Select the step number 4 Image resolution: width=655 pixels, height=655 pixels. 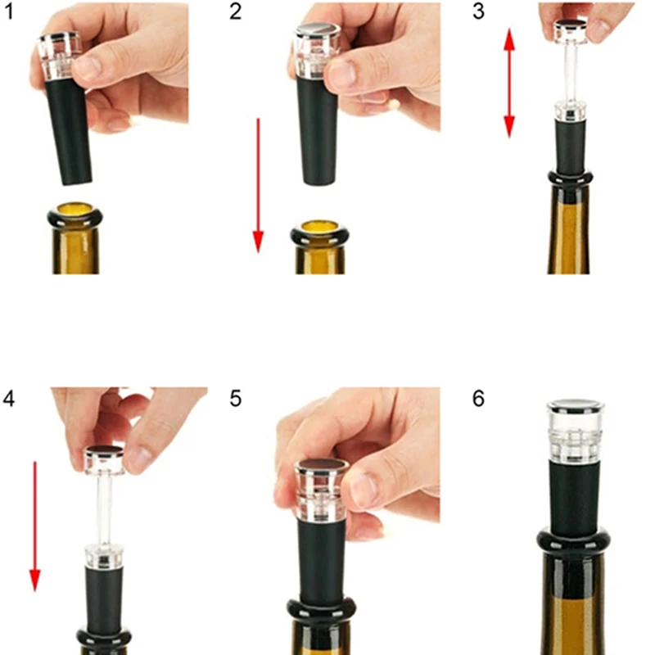click(9, 399)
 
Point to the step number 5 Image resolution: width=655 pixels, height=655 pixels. click(236, 399)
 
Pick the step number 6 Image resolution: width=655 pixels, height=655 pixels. click(479, 399)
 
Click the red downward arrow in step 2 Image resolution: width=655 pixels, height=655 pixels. click(258, 184)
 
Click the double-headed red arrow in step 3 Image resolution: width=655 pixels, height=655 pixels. click(509, 82)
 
